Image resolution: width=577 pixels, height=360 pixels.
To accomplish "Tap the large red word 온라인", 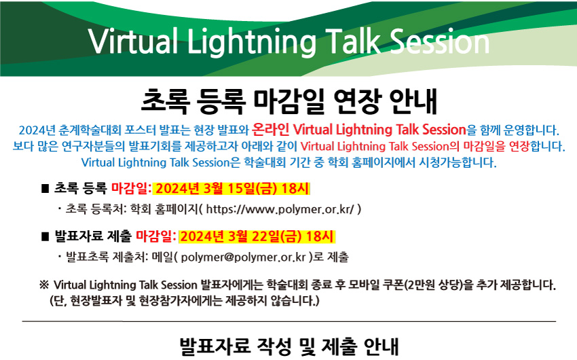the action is [270, 129].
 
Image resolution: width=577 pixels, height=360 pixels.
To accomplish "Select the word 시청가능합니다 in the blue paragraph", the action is [458, 162].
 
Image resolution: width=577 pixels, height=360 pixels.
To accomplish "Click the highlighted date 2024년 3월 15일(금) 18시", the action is [232, 188].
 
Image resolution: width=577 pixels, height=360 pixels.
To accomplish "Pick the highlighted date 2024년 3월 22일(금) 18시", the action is [257, 236].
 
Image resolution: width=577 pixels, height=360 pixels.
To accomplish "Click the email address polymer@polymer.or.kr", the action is [243, 257].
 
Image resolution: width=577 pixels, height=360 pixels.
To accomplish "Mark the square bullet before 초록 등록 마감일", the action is [45, 189].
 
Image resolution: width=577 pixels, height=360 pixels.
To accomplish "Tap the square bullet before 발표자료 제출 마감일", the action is [45, 236].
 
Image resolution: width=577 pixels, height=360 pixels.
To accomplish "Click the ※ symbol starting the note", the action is [44, 285].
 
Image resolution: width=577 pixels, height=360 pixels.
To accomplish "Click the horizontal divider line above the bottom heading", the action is [289, 321].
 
